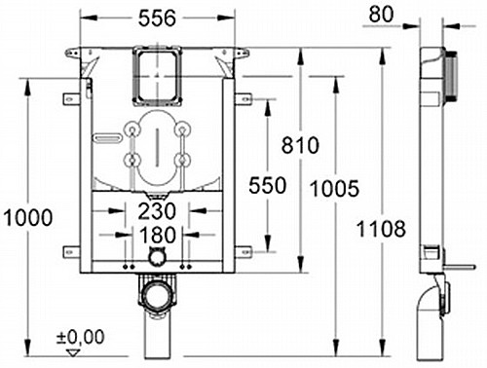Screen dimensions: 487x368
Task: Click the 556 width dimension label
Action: pyautogui.click(x=157, y=18)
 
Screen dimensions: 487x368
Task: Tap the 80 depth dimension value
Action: pyautogui.click(x=381, y=15)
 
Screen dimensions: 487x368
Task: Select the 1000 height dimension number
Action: pyautogui.click(x=28, y=217)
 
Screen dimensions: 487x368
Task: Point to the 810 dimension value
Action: pyautogui.click(x=300, y=145)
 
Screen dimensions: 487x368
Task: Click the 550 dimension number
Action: pyautogui.click(x=268, y=186)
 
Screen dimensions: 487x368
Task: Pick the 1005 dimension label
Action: pyautogui.click(x=335, y=189)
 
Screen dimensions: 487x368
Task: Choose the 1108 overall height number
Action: pyautogui.click(x=381, y=229)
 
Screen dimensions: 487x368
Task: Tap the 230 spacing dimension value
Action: pyautogui.click(x=157, y=211)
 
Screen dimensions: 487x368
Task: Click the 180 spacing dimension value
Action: pyautogui.click(x=157, y=235)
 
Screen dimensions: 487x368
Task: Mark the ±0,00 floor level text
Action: pyautogui.click(x=81, y=337)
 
